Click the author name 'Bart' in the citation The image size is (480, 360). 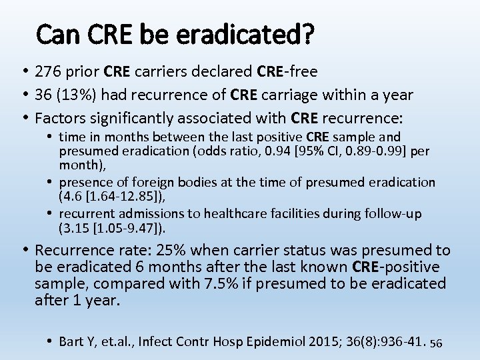[x=71, y=342]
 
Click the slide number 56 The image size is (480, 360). [x=437, y=343]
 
